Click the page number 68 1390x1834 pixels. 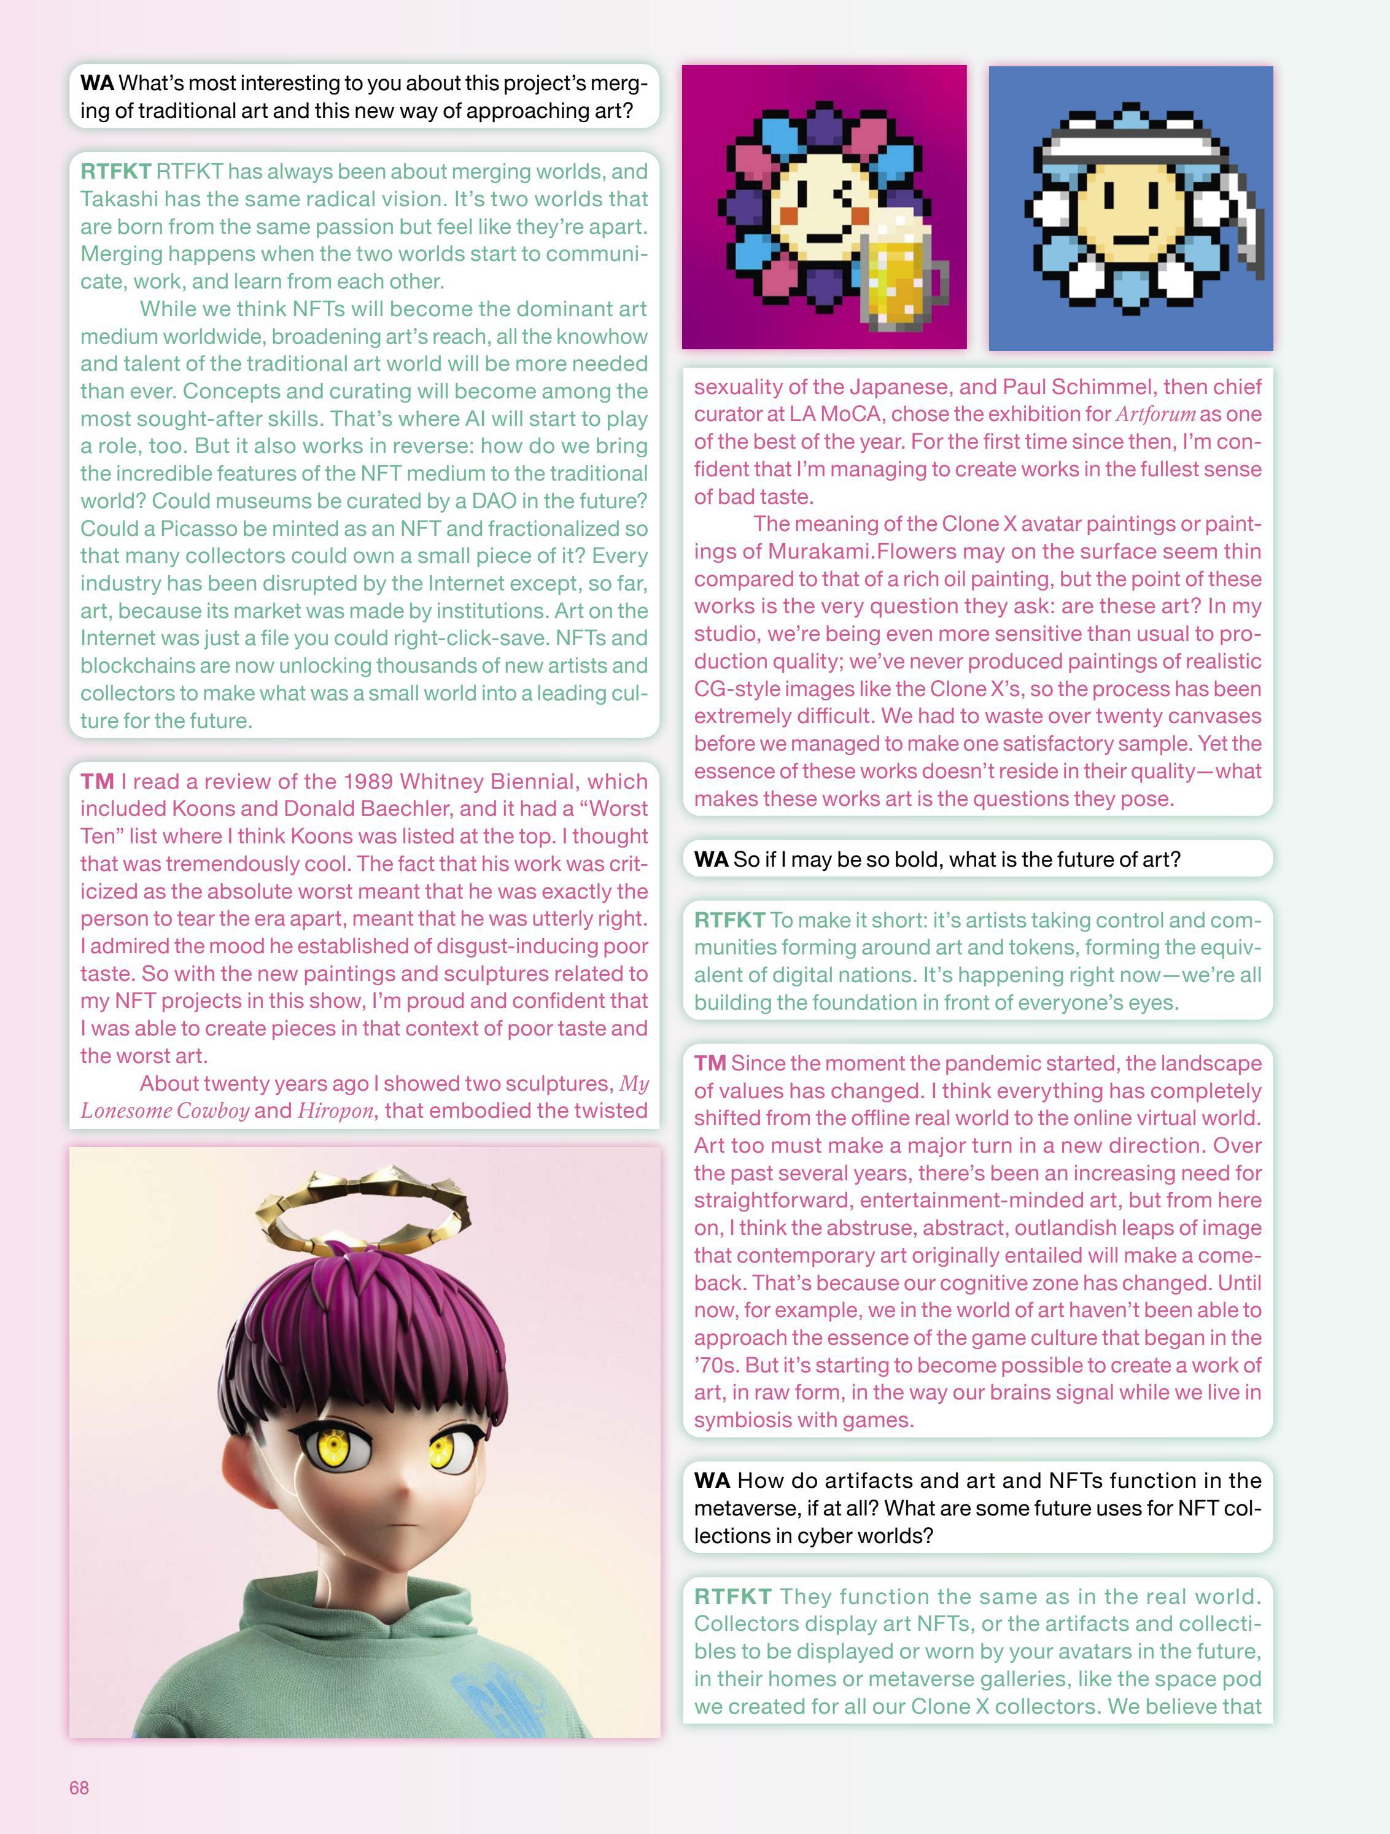pyautogui.click(x=79, y=1787)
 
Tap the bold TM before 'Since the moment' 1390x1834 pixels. pyautogui.click(x=710, y=1064)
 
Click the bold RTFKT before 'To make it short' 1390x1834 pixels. pyautogui.click(x=729, y=920)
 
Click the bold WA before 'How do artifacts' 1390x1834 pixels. pyautogui.click(x=712, y=1481)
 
